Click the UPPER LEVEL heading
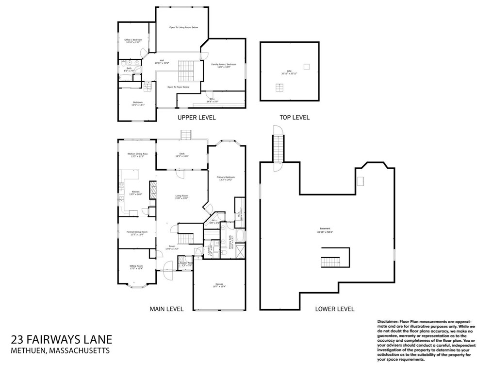197,118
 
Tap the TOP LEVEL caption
294,118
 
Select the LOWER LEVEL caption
334,309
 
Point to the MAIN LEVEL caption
166,309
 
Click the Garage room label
219,285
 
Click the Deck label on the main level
181,155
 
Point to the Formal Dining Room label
137,233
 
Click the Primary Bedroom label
226,178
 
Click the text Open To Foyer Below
178,87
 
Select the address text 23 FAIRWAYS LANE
61,339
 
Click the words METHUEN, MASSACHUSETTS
60,350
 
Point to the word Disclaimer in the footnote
387,322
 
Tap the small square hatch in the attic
306,66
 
